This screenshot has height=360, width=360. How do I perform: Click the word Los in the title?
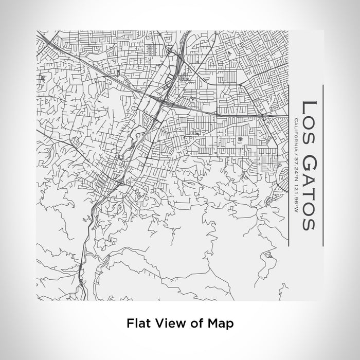[x=309, y=117]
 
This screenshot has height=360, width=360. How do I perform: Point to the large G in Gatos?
[x=309, y=163]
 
